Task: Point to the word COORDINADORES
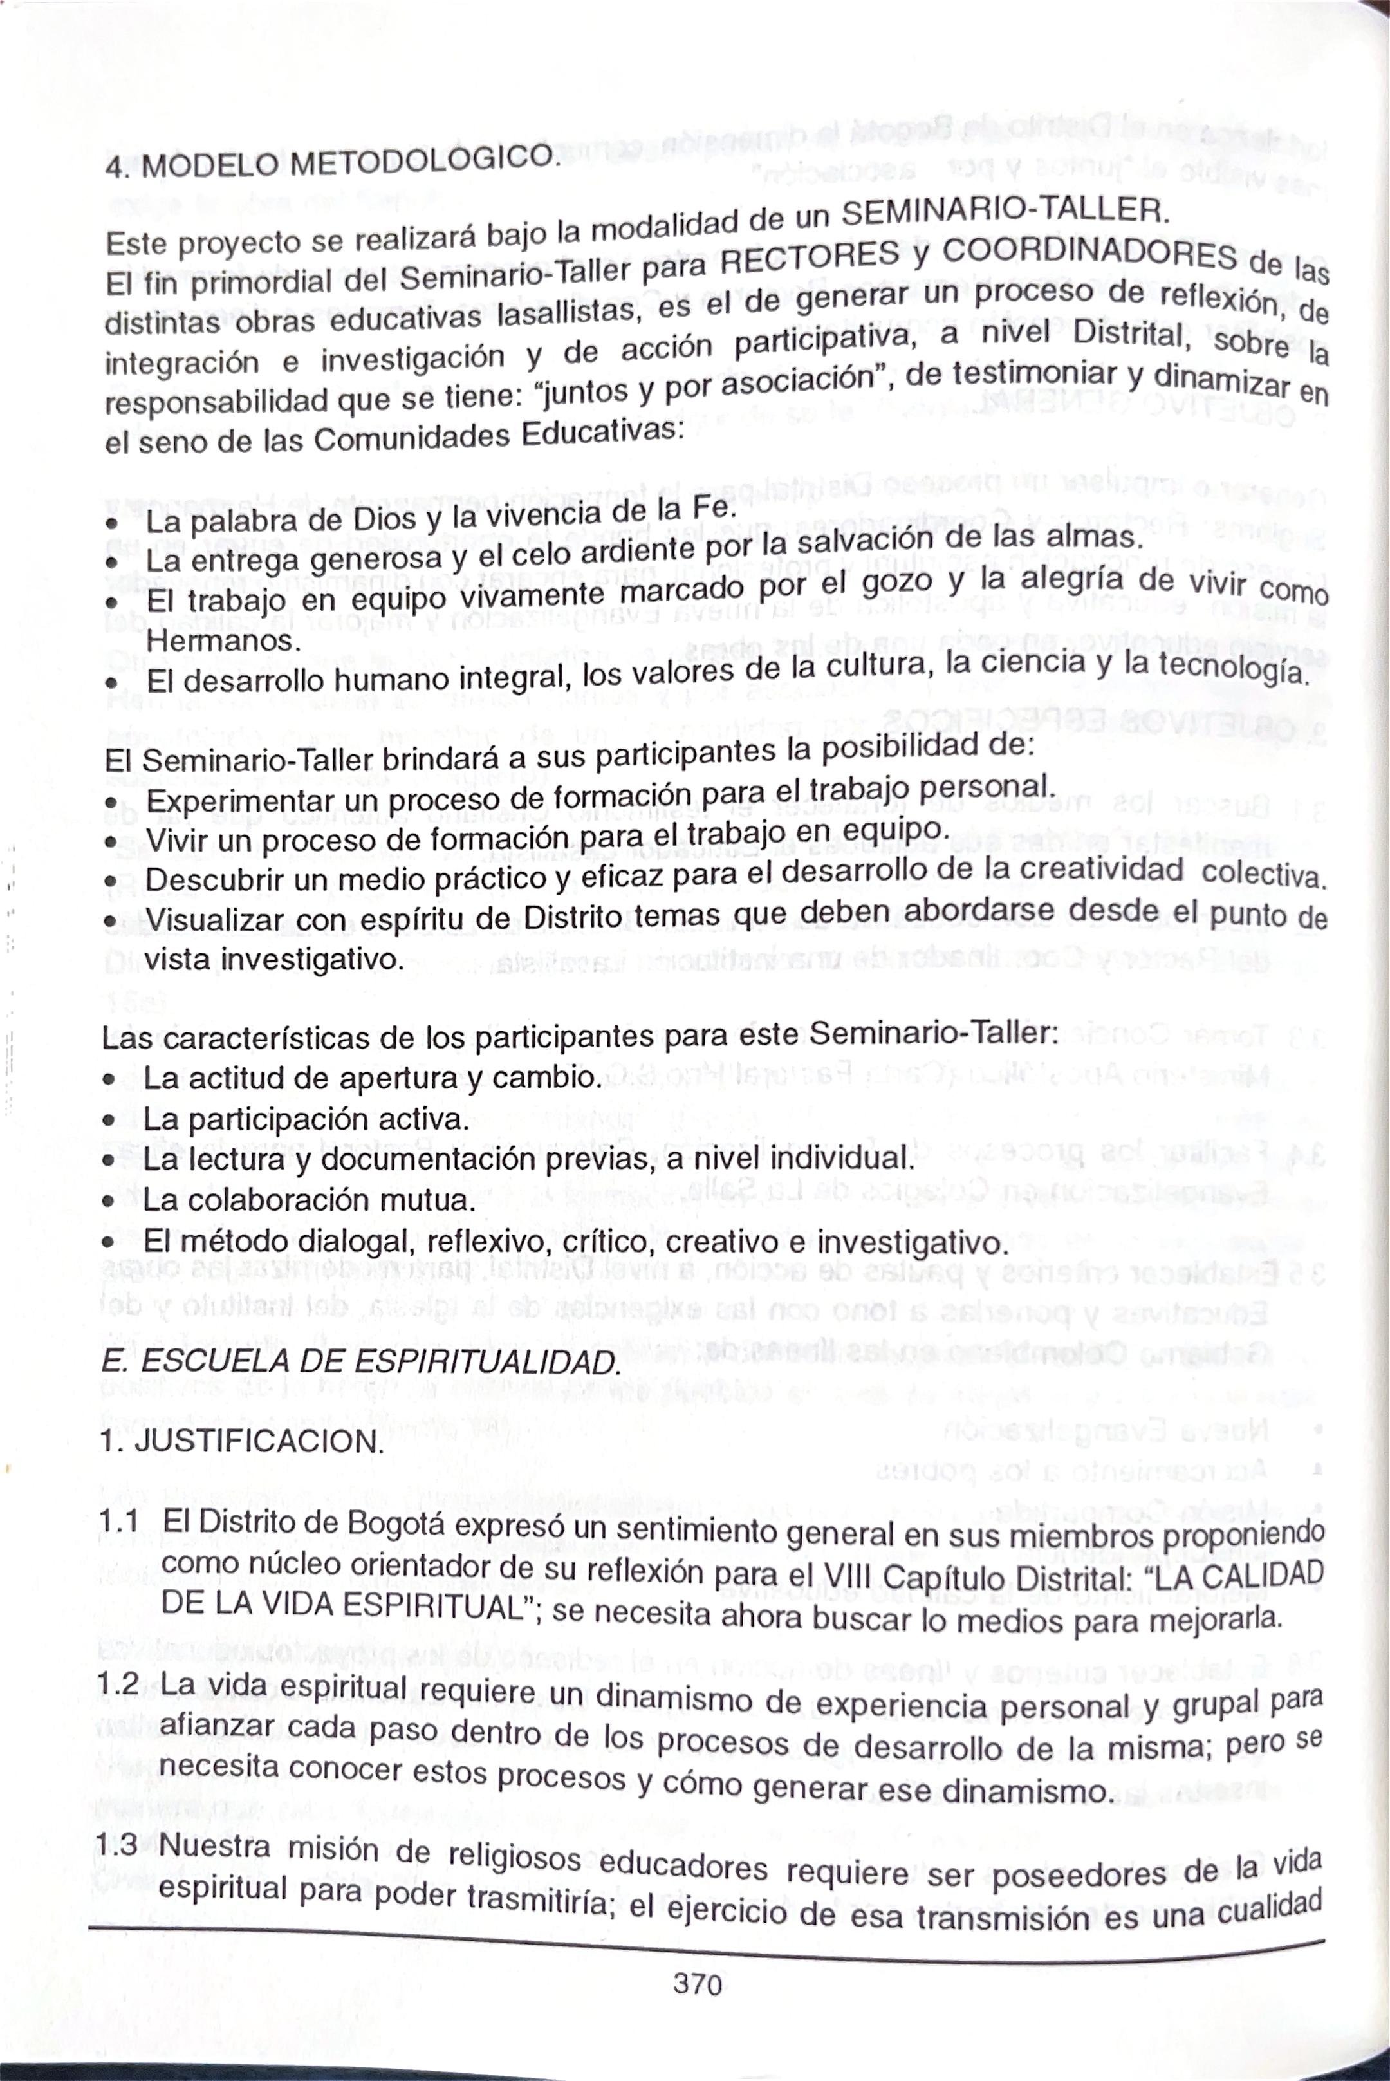coord(1089,252)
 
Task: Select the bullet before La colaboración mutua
coord(108,1202)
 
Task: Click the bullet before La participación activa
coord(108,1120)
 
